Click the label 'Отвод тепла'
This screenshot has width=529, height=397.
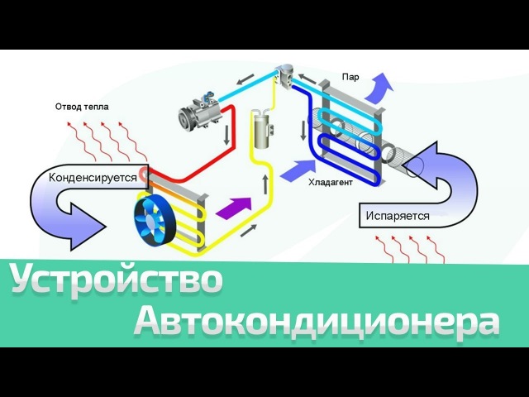point(82,107)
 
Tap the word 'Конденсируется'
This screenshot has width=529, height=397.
point(92,177)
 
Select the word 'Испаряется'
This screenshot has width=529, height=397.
point(398,215)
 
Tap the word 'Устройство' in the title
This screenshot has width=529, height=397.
point(117,281)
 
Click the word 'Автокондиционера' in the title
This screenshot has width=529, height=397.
point(317,321)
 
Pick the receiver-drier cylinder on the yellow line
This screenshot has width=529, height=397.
point(264,130)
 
